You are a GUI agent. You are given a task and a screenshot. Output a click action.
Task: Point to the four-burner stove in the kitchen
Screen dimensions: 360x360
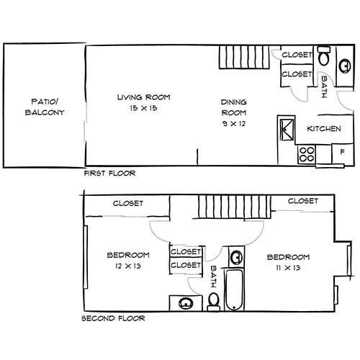coord(307,153)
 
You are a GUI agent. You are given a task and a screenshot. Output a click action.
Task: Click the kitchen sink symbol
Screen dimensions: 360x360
coord(286,130)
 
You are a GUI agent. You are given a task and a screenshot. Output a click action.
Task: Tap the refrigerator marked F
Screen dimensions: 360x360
coord(341,153)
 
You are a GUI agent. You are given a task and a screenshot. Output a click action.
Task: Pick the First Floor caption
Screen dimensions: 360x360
coord(109,174)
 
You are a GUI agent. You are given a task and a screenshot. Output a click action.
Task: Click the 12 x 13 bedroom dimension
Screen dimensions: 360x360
coord(127,266)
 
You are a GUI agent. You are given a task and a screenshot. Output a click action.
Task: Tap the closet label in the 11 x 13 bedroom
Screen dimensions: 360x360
coord(302,202)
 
